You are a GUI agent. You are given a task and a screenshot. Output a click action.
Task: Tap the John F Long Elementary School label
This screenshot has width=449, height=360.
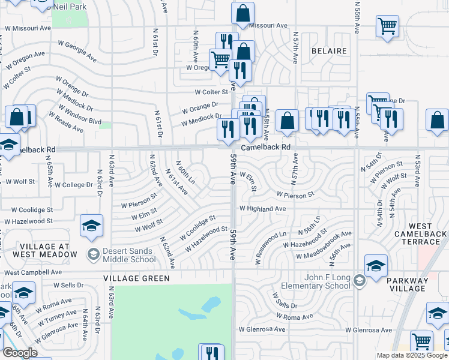point(321,281)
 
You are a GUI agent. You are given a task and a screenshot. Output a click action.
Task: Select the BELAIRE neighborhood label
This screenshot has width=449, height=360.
point(329,51)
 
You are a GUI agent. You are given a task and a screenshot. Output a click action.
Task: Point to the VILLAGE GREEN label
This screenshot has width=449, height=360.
point(136,278)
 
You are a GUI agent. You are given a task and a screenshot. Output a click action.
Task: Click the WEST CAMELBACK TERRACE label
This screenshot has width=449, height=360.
point(420,238)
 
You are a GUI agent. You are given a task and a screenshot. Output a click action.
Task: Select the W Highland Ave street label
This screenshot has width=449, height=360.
point(262,208)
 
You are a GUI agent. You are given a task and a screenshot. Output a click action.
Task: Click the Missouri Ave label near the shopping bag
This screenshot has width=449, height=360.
point(268,25)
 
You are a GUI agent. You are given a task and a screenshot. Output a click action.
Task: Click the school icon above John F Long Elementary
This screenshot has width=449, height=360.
point(376,265)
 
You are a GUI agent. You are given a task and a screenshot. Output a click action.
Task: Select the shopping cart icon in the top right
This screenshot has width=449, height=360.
point(388,26)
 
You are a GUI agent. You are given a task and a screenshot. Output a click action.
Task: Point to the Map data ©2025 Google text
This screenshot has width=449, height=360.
point(411,355)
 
